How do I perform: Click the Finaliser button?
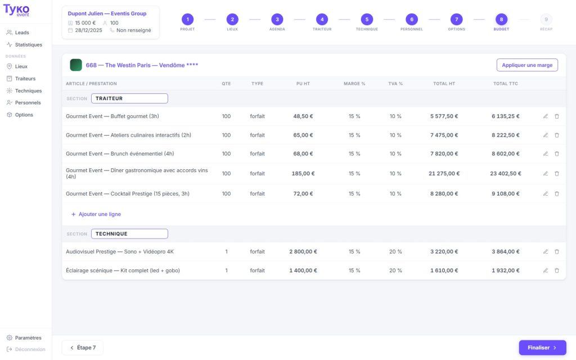coord(542,348)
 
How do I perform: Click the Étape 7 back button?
coord(83,348)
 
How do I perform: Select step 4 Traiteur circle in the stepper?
coord(322,20)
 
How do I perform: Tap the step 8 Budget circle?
coord(501,20)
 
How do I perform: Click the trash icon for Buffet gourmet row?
coord(557,116)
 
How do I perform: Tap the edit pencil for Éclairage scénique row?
coord(546,271)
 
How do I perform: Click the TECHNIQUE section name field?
coord(129,233)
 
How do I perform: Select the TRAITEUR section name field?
coord(129,98)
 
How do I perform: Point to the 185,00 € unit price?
coord(303,173)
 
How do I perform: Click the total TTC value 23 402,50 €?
coord(506,173)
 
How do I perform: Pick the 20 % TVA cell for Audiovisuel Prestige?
coord(395,251)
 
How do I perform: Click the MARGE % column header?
coord(354,84)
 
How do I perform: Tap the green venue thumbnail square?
coord(76,65)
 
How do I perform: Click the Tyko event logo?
coord(16,10)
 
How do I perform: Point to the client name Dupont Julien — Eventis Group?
coord(107,13)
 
